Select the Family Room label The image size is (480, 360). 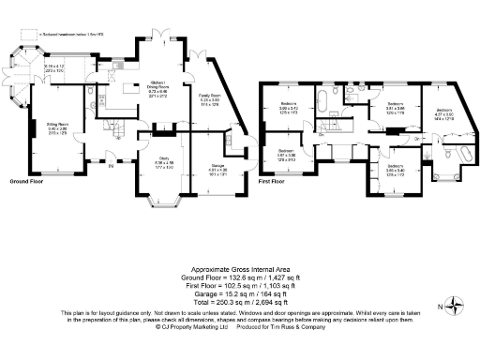[x=209, y=98]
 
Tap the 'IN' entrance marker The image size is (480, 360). [x=111, y=167]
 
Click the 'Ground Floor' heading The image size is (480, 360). [x=29, y=179]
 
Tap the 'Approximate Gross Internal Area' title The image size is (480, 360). [x=239, y=267]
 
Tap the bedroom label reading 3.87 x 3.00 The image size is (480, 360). [x=286, y=155]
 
